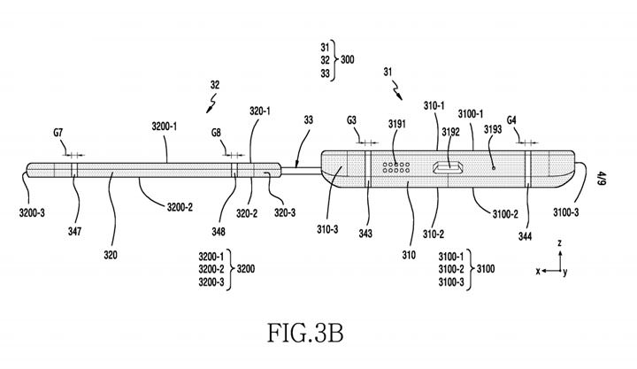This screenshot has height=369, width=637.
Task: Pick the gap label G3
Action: [352, 119]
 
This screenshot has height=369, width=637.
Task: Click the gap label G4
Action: [512, 119]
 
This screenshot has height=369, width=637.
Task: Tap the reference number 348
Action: [219, 231]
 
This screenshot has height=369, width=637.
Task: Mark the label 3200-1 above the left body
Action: [160, 127]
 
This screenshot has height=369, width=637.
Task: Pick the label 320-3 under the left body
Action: [284, 212]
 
